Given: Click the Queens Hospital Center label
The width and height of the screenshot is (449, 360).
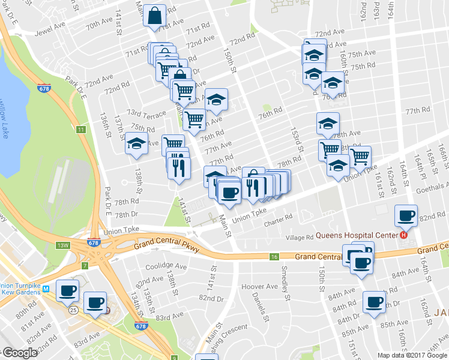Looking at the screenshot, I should (x=358, y=235).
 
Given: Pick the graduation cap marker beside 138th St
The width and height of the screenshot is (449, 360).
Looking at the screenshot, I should (x=136, y=145).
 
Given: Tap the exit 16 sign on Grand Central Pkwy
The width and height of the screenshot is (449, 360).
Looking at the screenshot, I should (x=274, y=257).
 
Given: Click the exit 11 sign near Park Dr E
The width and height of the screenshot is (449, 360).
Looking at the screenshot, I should (x=81, y=130).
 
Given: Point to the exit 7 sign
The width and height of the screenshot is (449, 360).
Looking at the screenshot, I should (x=85, y=266).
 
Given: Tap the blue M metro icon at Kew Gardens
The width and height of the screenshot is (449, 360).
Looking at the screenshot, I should (x=46, y=289).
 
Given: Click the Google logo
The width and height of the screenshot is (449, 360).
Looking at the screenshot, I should (x=19, y=353).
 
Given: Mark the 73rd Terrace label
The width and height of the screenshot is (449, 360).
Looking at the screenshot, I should (x=145, y=114).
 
